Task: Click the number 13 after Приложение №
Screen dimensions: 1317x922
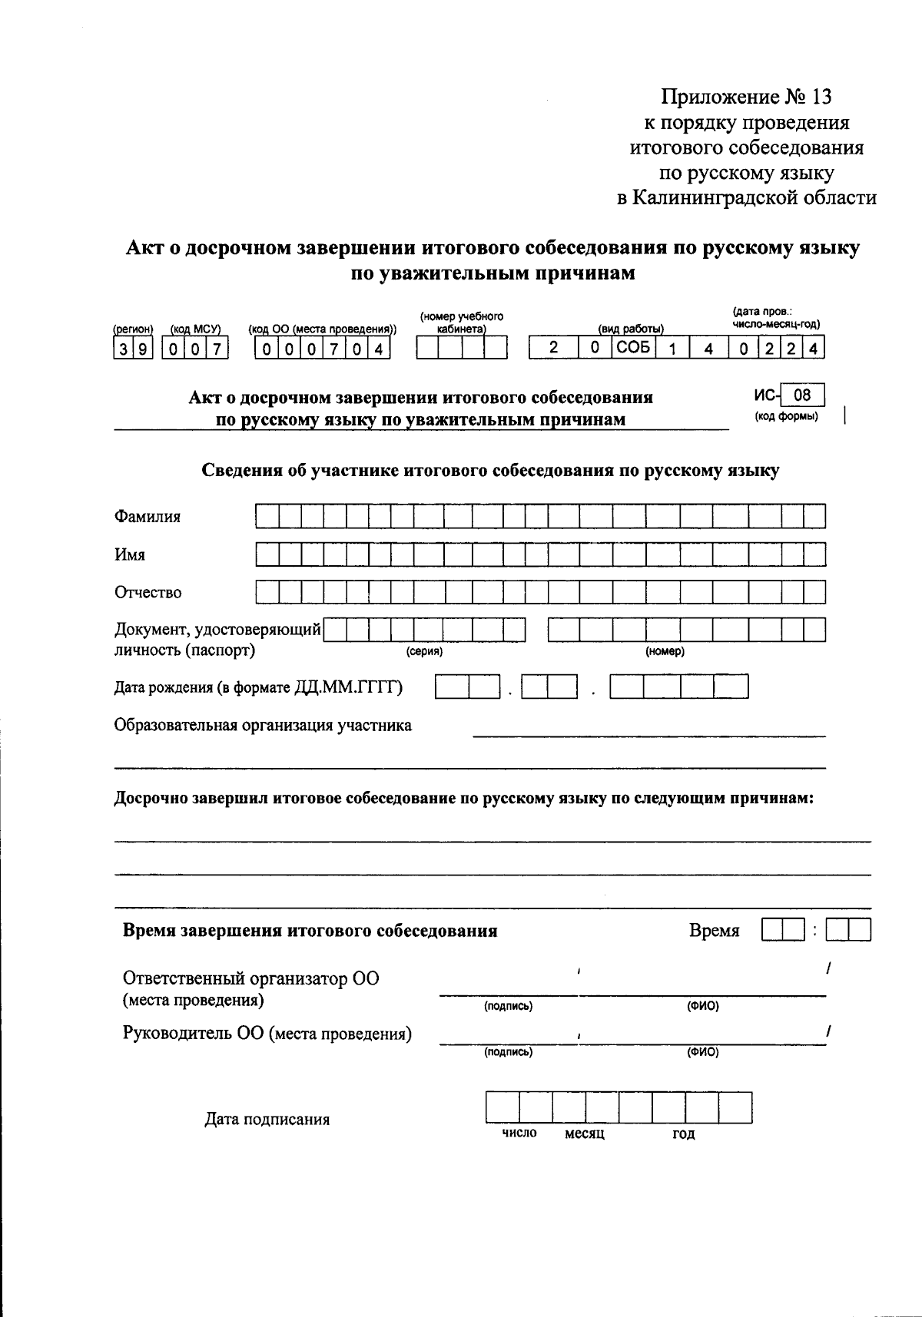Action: (x=819, y=98)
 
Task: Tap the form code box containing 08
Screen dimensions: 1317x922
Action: (x=802, y=395)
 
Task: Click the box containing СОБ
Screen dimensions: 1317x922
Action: (x=633, y=348)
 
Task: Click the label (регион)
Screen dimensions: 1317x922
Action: (x=133, y=329)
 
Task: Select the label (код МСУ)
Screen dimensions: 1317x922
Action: (x=195, y=329)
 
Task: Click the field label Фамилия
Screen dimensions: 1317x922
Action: (x=148, y=517)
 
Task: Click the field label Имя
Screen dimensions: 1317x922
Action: (x=130, y=554)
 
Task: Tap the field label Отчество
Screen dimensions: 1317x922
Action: (x=148, y=593)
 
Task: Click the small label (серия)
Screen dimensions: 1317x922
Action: (x=424, y=652)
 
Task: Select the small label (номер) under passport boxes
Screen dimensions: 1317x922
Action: (x=665, y=652)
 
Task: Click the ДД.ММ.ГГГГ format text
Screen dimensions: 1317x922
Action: (x=349, y=687)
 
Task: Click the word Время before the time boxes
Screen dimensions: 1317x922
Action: (x=715, y=931)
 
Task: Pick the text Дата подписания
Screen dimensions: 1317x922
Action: (x=267, y=1120)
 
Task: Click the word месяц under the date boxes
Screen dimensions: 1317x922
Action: (x=585, y=1134)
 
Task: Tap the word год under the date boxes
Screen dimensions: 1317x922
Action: (x=684, y=1134)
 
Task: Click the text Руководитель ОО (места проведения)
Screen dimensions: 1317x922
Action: (x=267, y=1034)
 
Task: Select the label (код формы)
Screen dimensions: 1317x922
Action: (x=786, y=416)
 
